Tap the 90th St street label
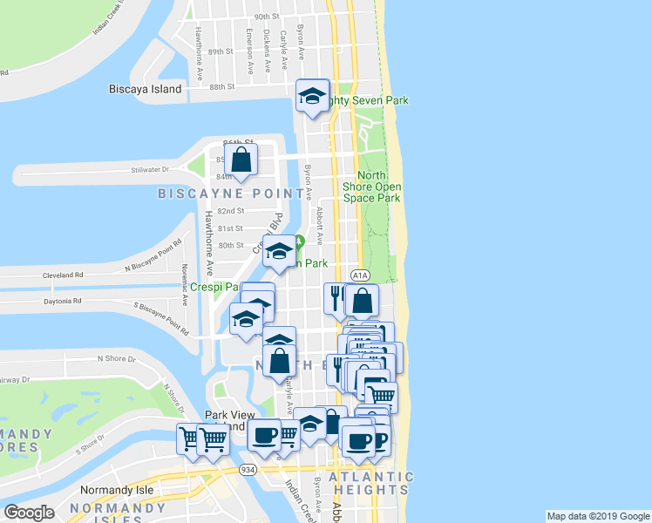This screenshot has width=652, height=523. pyautogui.click(x=265, y=17)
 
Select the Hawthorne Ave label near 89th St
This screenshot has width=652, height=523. pyautogui.click(x=200, y=42)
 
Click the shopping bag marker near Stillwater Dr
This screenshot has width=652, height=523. pyautogui.click(x=241, y=160)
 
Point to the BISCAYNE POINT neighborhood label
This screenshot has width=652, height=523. pyautogui.click(x=218, y=193)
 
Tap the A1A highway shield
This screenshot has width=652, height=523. pyautogui.click(x=360, y=275)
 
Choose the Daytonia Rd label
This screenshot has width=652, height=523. pyautogui.click(x=63, y=301)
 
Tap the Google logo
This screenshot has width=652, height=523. pyautogui.click(x=28, y=512)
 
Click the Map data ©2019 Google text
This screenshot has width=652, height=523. pyautogui.click(x=597, y=516)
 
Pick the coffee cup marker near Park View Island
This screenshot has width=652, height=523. pyautogui.click(x=264, y=436)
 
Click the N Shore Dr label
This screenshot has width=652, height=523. pyautogui.click(x=116, y=358)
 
